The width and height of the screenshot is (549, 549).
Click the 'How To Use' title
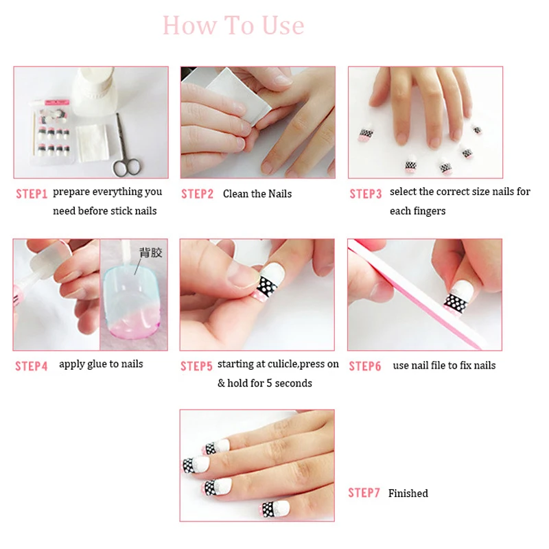coord(233,25)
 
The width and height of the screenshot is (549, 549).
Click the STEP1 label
coord(32,194)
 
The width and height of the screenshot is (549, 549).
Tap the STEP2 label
coord(197,194)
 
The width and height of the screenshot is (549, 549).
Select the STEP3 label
coord(366,194)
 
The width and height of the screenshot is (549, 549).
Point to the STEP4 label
coord(31,366)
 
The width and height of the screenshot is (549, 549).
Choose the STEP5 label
coord(196,366)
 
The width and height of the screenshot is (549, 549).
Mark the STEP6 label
coord(365,366)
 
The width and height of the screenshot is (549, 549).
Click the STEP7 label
coord(364,493)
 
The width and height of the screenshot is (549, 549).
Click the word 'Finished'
coord(408,493)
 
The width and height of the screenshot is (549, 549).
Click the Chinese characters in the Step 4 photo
coord(151,253)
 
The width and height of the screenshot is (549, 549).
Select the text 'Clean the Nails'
coord(257,194)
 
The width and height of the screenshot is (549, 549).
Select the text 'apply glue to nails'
coord(101,364)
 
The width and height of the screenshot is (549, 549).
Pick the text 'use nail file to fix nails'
coord(444,366)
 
